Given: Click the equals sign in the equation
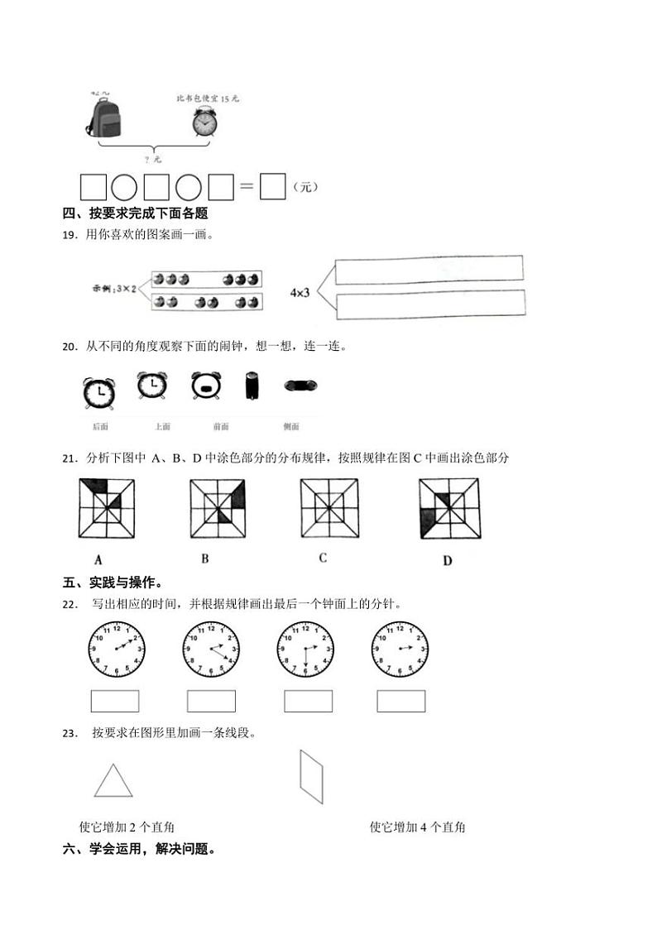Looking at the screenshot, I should (x=246, y=187).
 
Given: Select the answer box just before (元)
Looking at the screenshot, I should (x=272, y=187).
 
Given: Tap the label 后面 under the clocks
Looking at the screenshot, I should (x=101, y=427).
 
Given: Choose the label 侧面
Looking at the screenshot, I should (x=291, y=427).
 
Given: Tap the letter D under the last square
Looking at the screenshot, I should (x=447, y=561).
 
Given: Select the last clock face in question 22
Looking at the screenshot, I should (x=400, y=648).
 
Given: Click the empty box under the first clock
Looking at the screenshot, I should (x=114, y=701).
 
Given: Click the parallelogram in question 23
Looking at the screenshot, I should (x=311, y=777).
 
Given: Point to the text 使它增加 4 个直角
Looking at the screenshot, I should (x=417, y=827).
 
